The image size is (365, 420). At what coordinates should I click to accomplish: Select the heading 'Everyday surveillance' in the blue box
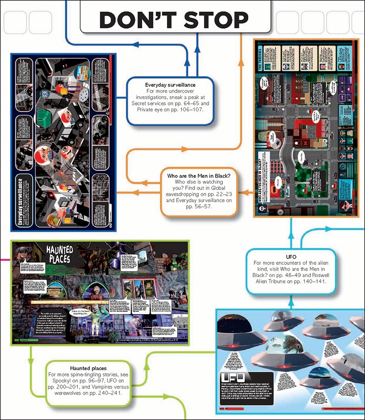[x=170, y=86]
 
